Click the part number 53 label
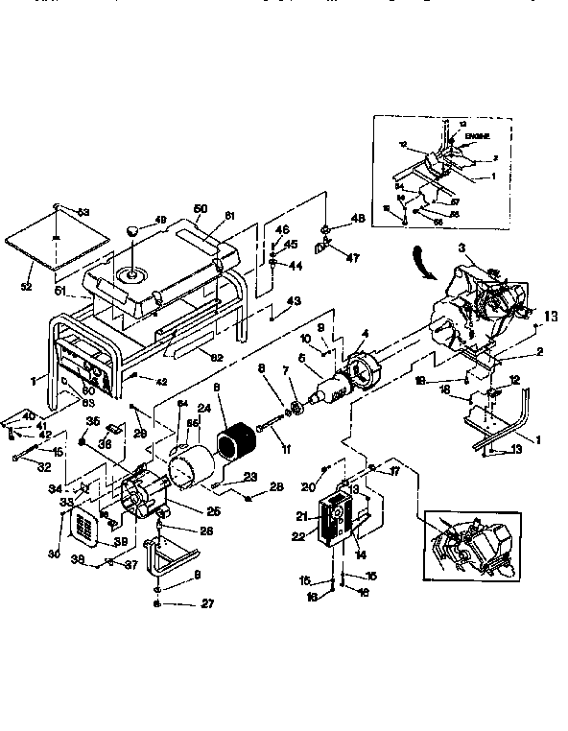coord(83,211)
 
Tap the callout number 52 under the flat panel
coord(27,288)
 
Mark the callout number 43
coord(294,301)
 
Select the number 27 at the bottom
coord(208,603)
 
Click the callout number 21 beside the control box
coord(300,517)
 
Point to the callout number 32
coord(44,468)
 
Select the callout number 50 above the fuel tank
coord(201,208)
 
